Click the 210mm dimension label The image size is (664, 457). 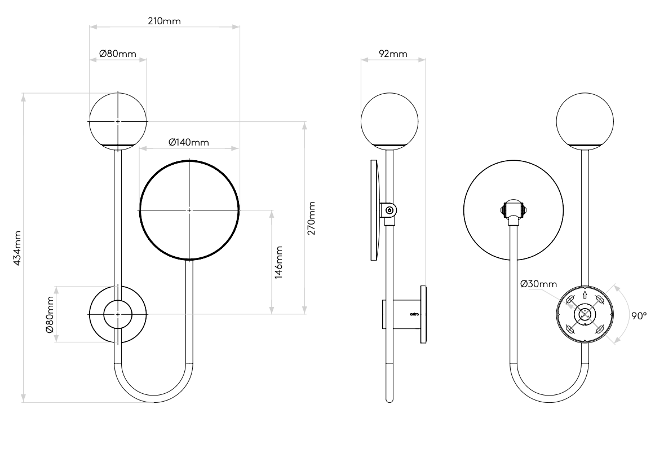click(164, 21)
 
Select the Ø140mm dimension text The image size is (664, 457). click(188, 142)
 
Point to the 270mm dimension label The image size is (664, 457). click(312, 217)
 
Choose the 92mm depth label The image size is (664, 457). click(392, 54)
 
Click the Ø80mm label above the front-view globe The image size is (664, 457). click(117, 54)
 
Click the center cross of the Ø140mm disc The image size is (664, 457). click(189, 210)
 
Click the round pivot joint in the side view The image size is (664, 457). click(389, 211)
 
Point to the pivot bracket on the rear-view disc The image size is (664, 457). click(512, 210)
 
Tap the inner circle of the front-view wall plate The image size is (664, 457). click(117, 313)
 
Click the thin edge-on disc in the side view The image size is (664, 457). click(374, 210)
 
